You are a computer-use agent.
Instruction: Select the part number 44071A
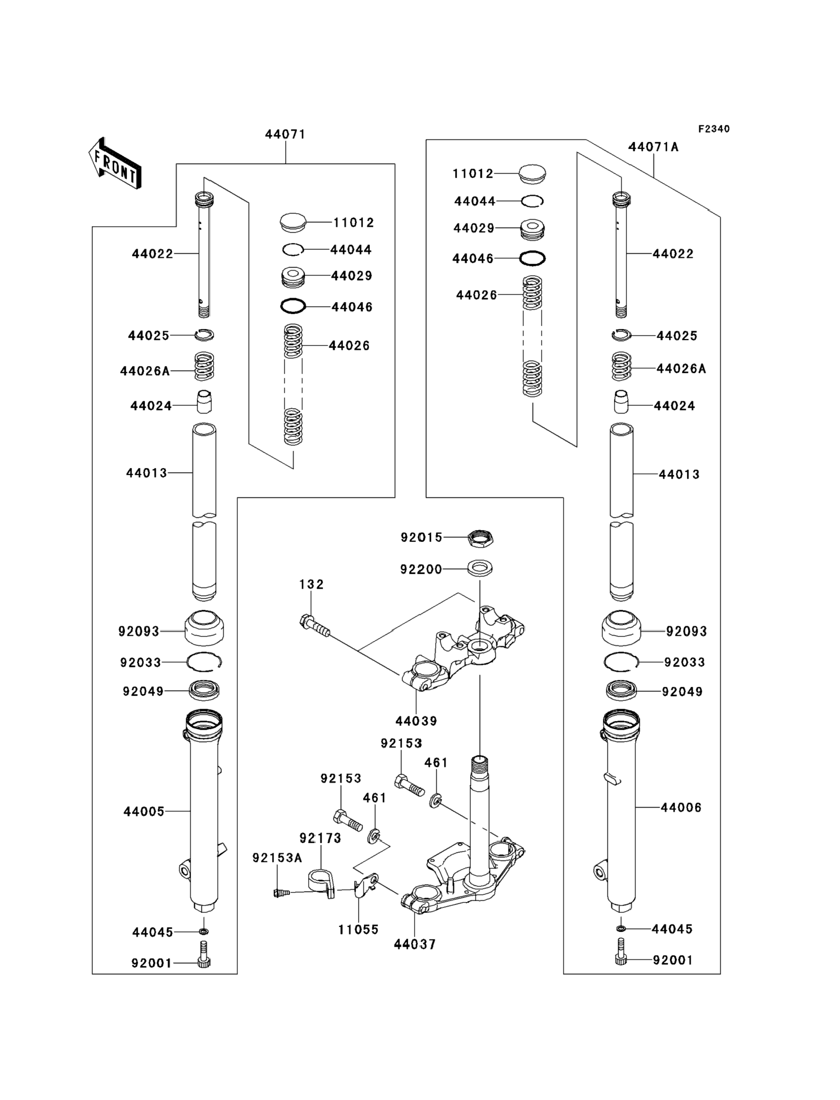pyautogui.click(x=653, y=147)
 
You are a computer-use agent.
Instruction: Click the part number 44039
pyautogui.click(x=416, y=721)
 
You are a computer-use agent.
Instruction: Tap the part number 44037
pyautogui.click(x=414, y=944)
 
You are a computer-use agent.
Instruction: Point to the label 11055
pyautogui.click(x=358, y=929)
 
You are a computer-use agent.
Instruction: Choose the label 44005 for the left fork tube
pyautogui.click(x=144, y=811)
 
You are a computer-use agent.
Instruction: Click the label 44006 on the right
pyautogui.click(x=681, y=807)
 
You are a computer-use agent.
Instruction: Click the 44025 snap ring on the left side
pyautogui.click(x=204, y=335)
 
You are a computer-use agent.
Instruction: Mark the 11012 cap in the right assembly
pyautogui.click(x=532, y=173)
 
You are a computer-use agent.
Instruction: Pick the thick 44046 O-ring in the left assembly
pyautogui.click(x=293, y=306)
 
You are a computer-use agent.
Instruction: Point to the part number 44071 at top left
pyautogui.click(x=285, y=134)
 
